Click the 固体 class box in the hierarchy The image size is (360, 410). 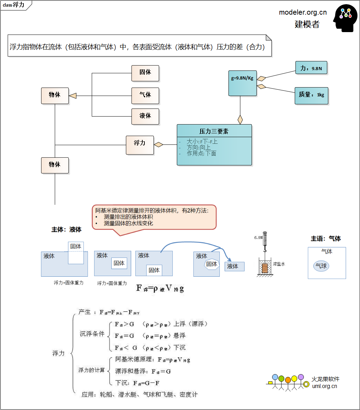(x=145, y=73)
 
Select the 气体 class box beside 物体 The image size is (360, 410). (x=145, y=95)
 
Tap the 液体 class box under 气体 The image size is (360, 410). (x=145, y=116)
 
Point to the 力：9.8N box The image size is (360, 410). (x=311, y=68)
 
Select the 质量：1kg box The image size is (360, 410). (x=311, y=95)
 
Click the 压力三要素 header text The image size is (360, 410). (x=214, y=131)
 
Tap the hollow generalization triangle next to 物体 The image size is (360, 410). (x=73, y=96)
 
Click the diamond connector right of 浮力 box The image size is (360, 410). (x=159, y=144)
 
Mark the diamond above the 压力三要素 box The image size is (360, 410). (x=240, y=119)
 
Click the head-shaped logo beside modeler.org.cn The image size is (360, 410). (x=345, y=18)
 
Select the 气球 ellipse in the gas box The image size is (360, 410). (x=321, y=266)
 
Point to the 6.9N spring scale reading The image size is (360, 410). (x=258, y=238)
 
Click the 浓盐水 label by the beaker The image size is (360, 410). (x=279, y=264)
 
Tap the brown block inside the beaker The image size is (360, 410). (x=265, y=268)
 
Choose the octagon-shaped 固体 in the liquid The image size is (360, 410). (x=211, y=264)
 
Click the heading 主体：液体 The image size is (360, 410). (x=66, y=230)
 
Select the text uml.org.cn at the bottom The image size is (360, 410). (x=324, y=386)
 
